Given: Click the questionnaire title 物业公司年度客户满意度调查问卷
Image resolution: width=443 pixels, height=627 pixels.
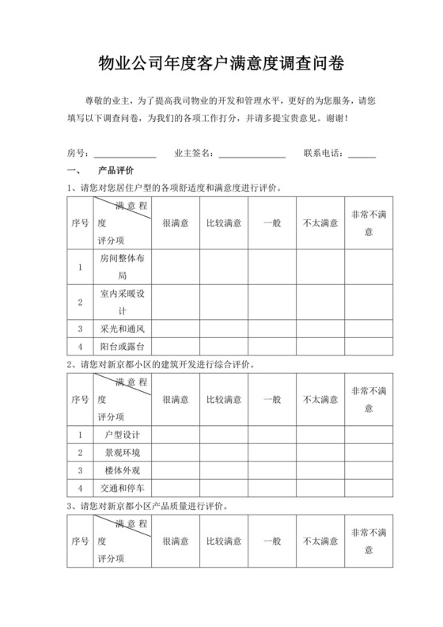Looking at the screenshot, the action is [x=221, y=63].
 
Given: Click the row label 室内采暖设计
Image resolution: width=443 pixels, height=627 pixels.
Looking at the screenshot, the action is [x=122, y=302].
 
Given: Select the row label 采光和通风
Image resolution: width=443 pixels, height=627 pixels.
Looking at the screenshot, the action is [x=122, y=328].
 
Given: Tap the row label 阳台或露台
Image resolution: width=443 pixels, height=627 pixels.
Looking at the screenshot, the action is [x=122, y=346].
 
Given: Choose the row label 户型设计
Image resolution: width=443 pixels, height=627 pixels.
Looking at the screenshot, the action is [x=122, y=435].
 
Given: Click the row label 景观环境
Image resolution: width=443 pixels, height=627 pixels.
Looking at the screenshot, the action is [x=122, y=452].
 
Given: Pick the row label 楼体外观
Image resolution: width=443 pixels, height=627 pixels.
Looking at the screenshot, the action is [x=122, y=469].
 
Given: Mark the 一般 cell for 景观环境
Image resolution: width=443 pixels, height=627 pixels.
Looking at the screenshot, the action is [x=271, y=452].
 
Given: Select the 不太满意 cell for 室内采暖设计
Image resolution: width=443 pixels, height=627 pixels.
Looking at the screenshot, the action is [x=320, y=302].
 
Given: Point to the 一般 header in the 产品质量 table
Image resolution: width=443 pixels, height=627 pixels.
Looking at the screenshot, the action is [x=271, y=541].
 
